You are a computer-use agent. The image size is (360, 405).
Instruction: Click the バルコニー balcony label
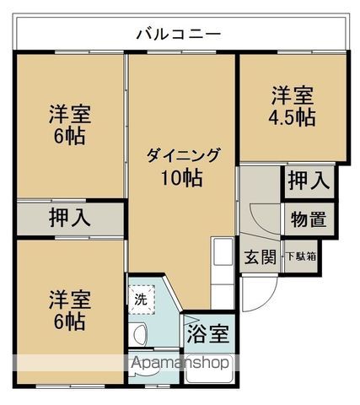click(x=179, y=35)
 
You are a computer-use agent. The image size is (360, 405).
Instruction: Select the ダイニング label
click(x=183, y=155)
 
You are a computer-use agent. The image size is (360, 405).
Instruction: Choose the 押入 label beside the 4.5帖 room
click(x=307, y=180)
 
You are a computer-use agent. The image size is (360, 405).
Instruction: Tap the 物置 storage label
click(x=309, y=219)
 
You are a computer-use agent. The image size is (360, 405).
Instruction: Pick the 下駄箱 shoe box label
click(x=301, y=256)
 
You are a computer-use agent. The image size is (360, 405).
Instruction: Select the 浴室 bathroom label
click(x=207, y=332)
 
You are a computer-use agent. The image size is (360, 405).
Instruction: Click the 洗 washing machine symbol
click(x=141, y=298)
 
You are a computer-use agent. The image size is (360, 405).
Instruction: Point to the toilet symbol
click(x=141, y=332)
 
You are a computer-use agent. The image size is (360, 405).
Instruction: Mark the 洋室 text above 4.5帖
click(x=292, y=94)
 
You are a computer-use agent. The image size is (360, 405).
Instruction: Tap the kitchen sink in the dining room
click(x=222, y=253)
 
